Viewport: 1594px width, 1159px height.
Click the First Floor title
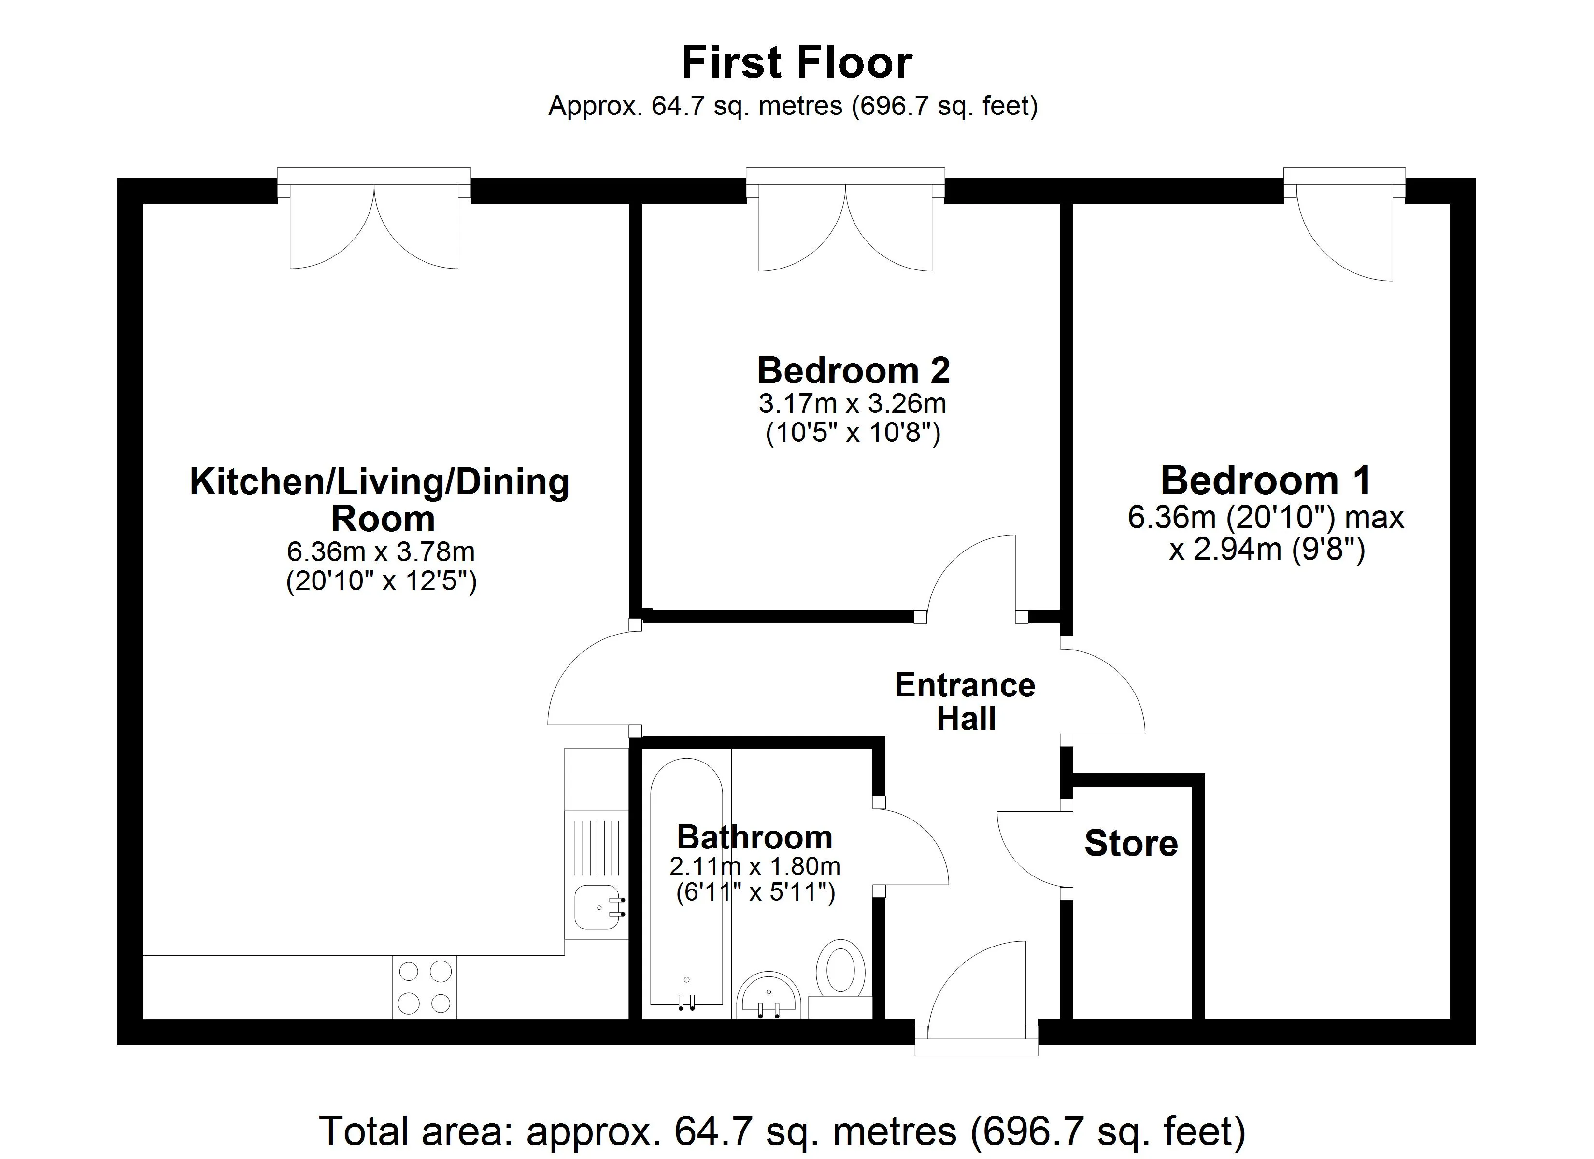pos(797,63)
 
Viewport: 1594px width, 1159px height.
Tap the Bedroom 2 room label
pos(853,370)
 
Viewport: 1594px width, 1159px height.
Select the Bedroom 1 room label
pos(1265,481)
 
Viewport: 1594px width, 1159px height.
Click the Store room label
pos(1130,844)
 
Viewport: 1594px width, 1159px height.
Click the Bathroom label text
pos(754,837)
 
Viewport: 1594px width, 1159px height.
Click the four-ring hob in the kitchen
pos(425,988)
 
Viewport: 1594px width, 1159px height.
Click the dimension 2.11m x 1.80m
pos(754,867)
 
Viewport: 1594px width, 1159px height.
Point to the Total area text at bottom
pos(782,1131)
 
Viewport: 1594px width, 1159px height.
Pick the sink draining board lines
pos(596,838)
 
